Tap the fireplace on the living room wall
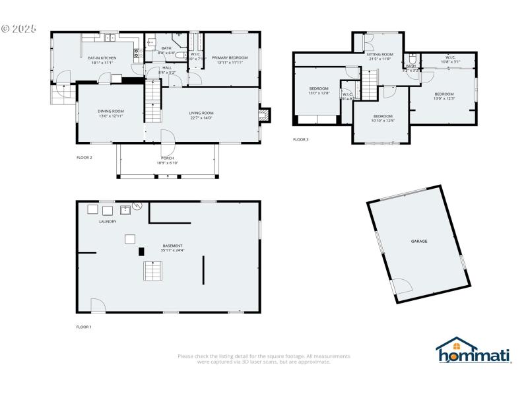pyautogui.click(x=264, y=115)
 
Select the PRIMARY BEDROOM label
pyautogui.click(x=230, y=58)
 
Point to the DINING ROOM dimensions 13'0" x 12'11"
pyautogui.click(x=111, y=116)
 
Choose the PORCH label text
pyautogui.click(x=168, y=158)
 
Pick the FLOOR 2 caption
pyautogui.click(x=84, y=158)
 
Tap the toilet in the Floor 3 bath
pyautogui.click(x=412, y=57)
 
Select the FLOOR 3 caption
pyautogui.click(x=300, y=139)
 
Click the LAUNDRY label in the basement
pyautogui.click(x=108, y=222)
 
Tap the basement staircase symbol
pyautogui.click(x=153, y=271)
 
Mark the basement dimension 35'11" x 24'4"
pyautogui.click(x=172, y=250)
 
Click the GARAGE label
pyautogui.click(x=419, y=242)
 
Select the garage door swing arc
pyautogui.click(x=401, y=286)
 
